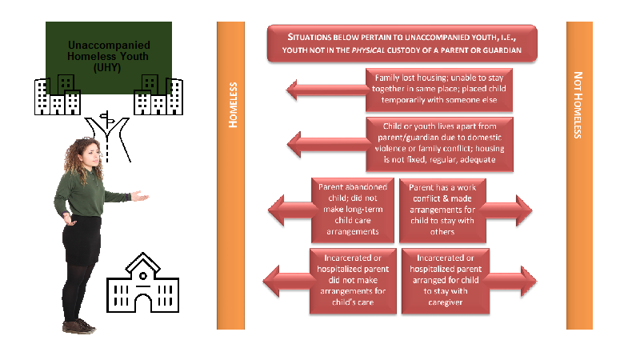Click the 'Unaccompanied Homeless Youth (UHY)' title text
tap(109, 56)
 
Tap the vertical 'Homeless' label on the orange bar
tap(233, 105)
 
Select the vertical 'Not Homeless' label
tap(578, 106)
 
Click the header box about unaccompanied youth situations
tap(402, 43)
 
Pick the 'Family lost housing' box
tap(438, 90)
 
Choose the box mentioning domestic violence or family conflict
tap(439, 144)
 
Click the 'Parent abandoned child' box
tap(353, 210)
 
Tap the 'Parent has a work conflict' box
tap(442, 210)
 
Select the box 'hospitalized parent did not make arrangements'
tap(353, 281)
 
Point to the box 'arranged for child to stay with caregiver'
tap(446, 281)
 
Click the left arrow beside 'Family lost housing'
tap(326, 90)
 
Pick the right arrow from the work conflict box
tap(507, 210)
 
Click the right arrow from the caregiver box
tap(511, 281)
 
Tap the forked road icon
tap(107, 137)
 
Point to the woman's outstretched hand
tap(139, 196)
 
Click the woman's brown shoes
tap(79, 326)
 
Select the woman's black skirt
tap(82, 240)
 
